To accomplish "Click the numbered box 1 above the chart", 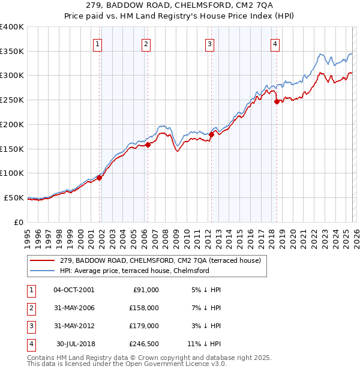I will [x=97, y=43].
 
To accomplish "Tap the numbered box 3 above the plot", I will [x=209, y=43].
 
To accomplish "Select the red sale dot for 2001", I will [x=99, y=177].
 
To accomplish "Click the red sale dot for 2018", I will [x=277, y=101].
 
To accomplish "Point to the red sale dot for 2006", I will [x=148, y=145].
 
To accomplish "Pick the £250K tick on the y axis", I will [x=12, y=100].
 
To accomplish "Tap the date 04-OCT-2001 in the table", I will [x=74, y=290].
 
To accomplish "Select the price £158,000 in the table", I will [x=144, y=308].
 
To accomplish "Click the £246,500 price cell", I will [x=143, y=344].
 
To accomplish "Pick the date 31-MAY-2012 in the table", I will [x=74, y=326].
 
